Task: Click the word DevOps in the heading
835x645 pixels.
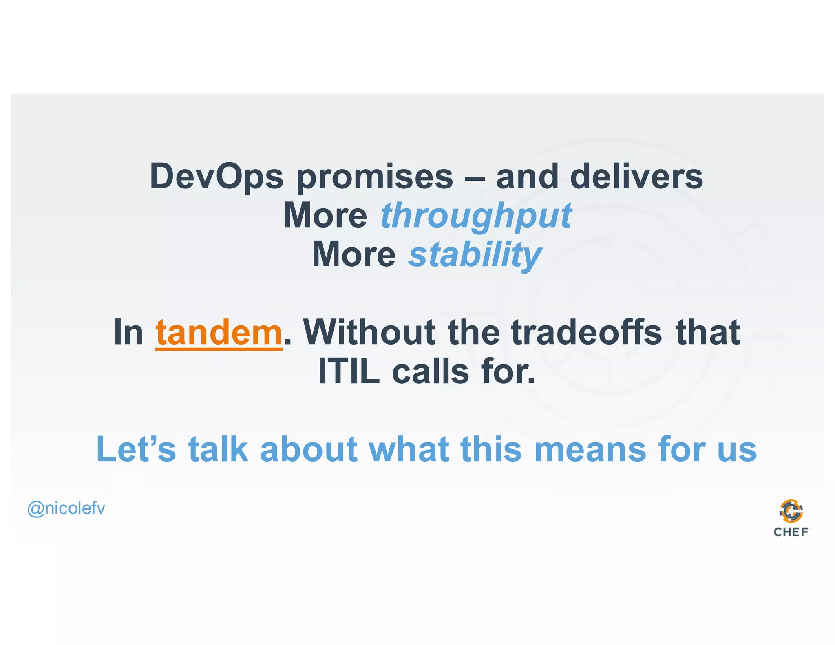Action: (216, 177)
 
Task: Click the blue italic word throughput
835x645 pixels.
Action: (476, 216)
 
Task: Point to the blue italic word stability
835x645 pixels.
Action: (475, 255)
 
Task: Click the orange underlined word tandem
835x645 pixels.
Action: (219, 333)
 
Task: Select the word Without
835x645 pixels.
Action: (369, 332)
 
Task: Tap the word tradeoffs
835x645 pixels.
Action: (586, 332)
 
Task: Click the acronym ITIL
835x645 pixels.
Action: (349, 371)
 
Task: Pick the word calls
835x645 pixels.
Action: (430, 371)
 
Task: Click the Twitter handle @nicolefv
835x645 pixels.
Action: (66, 508)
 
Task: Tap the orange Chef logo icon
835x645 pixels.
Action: (791, 511)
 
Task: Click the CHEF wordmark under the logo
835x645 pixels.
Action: (791, 532)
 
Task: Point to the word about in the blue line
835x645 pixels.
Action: (309, 449)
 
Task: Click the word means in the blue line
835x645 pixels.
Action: (590, 450)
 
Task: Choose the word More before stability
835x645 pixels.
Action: (353, 254)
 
